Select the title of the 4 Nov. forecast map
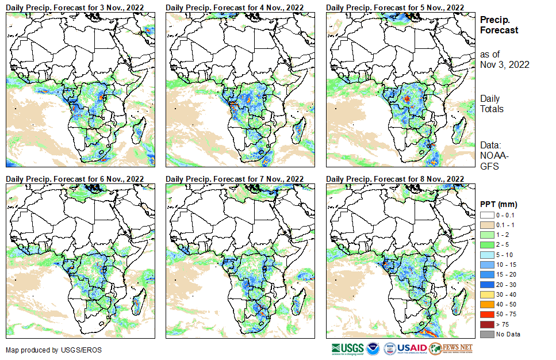click(x=235, y=7)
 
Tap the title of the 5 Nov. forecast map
click(x=394, y=7)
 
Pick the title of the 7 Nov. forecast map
click(x=235, y=179)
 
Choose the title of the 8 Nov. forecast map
click(x=394, y=179)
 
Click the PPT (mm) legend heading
click(x=499, y=204)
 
